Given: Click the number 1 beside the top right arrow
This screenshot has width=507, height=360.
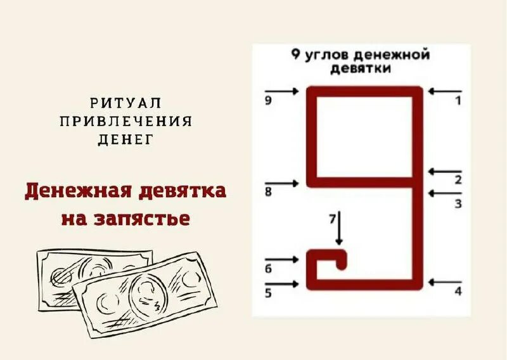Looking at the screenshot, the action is click(458, 100).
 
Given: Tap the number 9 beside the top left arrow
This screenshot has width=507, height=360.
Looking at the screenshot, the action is click(268, 100).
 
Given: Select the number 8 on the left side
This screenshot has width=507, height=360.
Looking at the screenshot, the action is click(268, 193).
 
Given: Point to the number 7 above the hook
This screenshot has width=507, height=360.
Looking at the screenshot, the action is click(332, 219).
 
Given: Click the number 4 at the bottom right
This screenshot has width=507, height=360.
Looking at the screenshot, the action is click(458, 291).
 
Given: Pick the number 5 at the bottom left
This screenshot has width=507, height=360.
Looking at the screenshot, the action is click(268, 293).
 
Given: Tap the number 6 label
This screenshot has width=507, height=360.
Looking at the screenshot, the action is click(268, 269).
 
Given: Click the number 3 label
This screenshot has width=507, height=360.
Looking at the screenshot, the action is click(458, 203).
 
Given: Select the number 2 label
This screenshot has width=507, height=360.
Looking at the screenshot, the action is click(458, 179).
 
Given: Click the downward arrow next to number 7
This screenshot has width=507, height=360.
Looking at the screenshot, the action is click(340, 229).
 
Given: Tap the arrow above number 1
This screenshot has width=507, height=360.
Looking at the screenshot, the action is click(445, 91).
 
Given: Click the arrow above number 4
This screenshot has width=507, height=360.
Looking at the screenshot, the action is click(445, 282).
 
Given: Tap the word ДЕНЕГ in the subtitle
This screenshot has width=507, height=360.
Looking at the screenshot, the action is click(125, 139).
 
